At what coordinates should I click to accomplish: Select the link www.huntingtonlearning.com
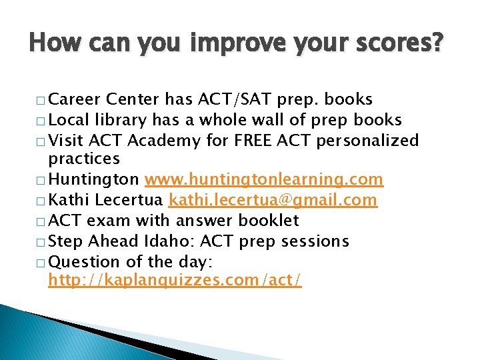tap(264, 180)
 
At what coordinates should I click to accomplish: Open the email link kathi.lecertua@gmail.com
tap(273, 200)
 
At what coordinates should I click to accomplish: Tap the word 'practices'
tap(84, 159)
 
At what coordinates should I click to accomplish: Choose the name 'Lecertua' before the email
tap(131, 200)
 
